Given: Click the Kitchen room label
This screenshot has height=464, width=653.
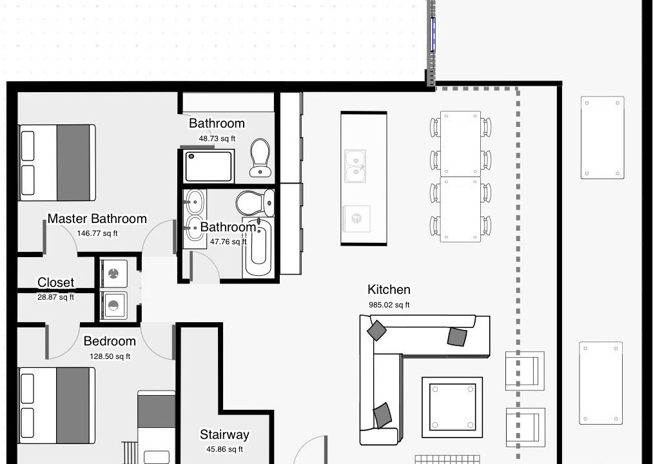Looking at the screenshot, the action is [x=389, y=289].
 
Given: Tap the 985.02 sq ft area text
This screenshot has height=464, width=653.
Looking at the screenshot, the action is [x=389, y=305].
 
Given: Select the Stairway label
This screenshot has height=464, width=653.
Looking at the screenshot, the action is [x=224, y=435].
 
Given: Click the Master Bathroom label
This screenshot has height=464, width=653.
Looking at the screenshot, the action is [x=97, y=218].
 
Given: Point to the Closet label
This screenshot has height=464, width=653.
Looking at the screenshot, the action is [x=56, y=282].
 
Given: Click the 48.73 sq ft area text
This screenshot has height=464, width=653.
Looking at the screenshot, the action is [x=217, y=139].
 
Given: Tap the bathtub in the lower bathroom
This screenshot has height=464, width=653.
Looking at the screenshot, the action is [x=258, y=247].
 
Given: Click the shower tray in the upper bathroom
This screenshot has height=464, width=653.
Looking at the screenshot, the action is [x=209, y=166].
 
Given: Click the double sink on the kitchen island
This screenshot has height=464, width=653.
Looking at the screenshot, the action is [x=355, y=166].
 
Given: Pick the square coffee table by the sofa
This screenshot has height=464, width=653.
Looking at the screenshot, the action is [x=453, y=407].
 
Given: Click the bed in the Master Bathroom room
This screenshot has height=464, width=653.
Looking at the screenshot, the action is [x=57, y=162].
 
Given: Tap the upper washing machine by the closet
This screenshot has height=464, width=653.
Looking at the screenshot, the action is [x=113, y=273].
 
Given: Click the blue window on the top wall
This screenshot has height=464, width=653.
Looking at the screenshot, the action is [x=433, y=34].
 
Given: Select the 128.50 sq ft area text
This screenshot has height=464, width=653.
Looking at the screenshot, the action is [x=110, y=356].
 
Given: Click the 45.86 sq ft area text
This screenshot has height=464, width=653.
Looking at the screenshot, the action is [x=224, y=449].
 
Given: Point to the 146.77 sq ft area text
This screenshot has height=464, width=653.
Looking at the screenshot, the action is [x=97, y=234].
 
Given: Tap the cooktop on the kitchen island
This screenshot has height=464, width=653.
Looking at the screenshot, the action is [x=356, y=218].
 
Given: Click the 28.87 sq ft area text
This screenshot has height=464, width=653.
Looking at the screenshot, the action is [x=56, y=297].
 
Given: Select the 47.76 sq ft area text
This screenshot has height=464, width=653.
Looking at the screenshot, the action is [x=228, y=242].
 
